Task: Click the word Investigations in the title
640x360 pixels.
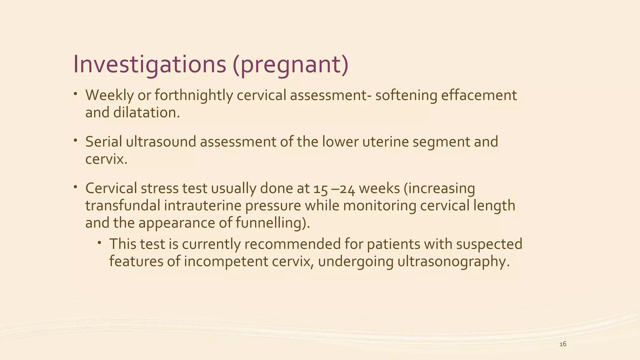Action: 149,64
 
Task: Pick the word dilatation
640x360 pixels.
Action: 146,113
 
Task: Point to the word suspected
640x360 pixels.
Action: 489,244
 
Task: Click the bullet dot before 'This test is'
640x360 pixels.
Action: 99,242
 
